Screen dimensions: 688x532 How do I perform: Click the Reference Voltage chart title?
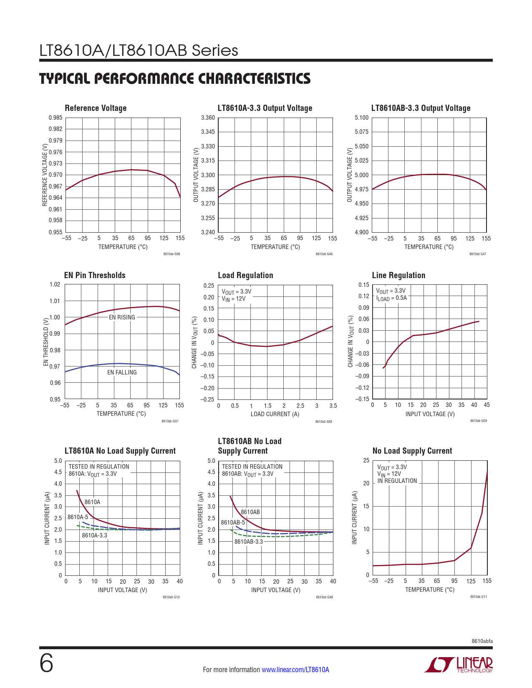(x=96, y=108)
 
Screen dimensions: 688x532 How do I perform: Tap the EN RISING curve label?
(x=122, y=317)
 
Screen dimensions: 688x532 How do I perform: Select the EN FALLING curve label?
(x=122, y=372)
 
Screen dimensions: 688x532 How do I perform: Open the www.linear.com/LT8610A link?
(x=295, y=670)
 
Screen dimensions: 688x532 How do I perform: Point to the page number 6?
(x=46, y=663)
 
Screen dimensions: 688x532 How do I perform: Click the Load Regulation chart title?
(x=245, y=275)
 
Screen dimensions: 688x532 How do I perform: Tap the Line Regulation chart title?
(x=398, y=275)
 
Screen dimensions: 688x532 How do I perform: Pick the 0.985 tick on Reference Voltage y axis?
(x=55, y=118)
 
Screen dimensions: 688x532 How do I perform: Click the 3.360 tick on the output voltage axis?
(x=208, y=118)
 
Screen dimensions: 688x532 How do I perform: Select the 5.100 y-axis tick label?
(x=362, y=118)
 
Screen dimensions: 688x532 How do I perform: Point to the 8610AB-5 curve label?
(x=233, y=522)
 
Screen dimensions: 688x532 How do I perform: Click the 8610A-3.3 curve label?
(x=94, y=535)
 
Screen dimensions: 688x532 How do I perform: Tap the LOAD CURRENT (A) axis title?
(x=275, y=414)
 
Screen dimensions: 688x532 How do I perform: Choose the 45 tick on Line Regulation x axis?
(x=487, y=405)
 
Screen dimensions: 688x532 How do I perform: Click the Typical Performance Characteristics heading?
(x=175, y=79)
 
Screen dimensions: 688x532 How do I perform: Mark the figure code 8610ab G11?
(x=478, y=597)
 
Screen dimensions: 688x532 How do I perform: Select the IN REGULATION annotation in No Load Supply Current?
(x=397, y=481)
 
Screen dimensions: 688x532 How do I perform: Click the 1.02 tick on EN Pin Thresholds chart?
(x=55, y=285)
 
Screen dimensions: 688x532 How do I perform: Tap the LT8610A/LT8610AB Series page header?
(x=139, y=50)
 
